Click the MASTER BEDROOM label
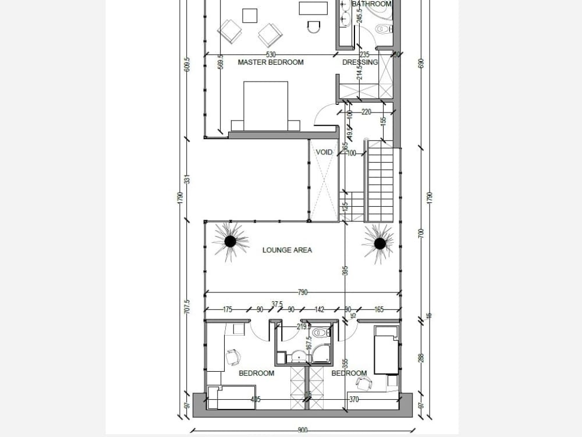[x=271, y=62]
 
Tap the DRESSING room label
[x=360, y=62]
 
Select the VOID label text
[x=324, y=153]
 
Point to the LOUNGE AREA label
[x=287, y=250]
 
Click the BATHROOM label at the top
[x=372, y=4]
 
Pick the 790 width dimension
[x=302, y=292]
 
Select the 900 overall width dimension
[x=302, y=431]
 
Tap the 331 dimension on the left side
[x=187, y=179]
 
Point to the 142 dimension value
[x=319, y=310]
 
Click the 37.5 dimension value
[x=277, y=304]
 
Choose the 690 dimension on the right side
[x=422, y=64]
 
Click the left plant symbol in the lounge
[x=230, y=241]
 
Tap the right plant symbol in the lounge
[x=379, y=242]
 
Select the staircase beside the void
[x=380, y=184]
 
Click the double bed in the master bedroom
[x=265, y=107]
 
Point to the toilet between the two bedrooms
[x=321, y=333]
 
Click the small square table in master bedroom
[x=250, y=15]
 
